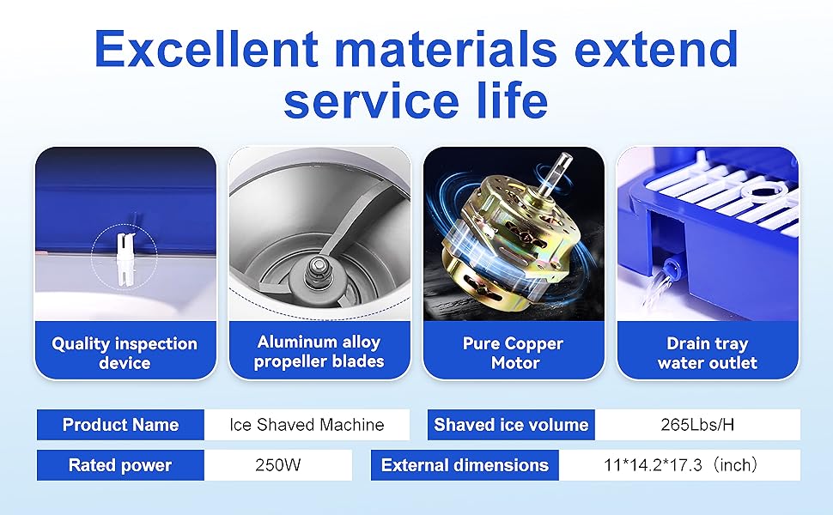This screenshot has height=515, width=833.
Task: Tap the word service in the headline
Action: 372,100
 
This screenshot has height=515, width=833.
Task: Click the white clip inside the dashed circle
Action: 125,259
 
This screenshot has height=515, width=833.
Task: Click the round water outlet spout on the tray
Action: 672,265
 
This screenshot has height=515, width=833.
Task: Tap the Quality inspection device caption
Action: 125,353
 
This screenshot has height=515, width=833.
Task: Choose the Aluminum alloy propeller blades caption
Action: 319,351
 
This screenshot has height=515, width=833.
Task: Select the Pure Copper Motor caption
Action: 514,353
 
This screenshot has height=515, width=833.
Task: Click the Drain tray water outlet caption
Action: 708,353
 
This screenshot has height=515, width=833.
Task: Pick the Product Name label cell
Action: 120,425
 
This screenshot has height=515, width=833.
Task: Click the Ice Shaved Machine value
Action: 307,425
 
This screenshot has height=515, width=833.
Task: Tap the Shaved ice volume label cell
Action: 511,425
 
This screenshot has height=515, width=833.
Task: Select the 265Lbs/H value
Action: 697,425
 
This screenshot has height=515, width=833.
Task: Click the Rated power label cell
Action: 120,465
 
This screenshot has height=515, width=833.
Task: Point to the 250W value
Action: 278,465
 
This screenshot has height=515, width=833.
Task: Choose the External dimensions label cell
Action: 465,465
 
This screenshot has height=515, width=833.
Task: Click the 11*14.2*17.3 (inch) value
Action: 681,465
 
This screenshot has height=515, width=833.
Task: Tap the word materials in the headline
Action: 447,49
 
